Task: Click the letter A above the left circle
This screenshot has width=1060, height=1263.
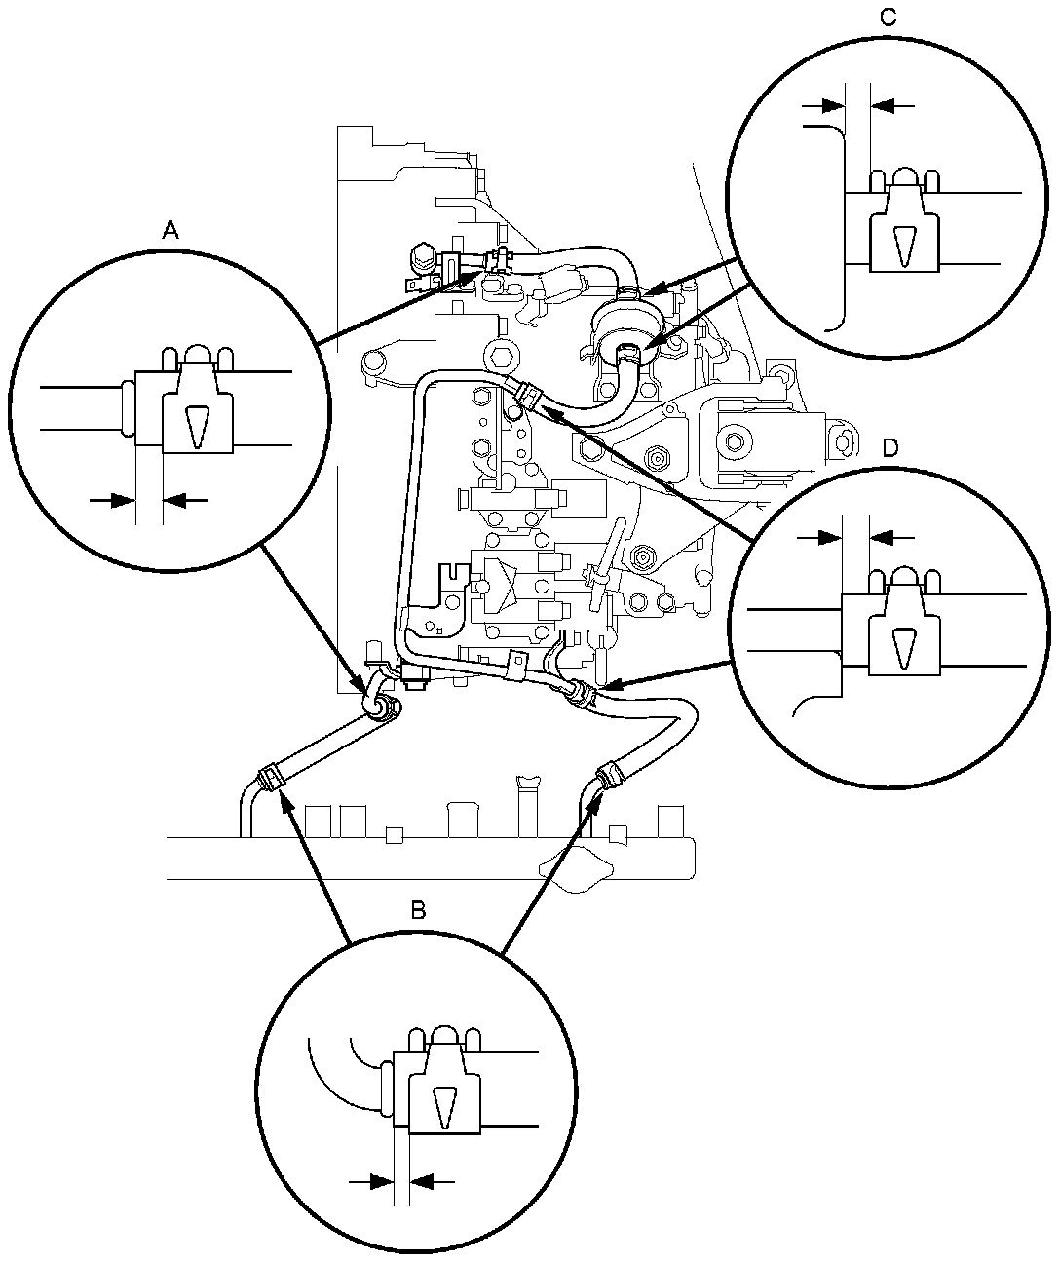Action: (170, 230)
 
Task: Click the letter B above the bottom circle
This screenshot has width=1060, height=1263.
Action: (418, 910)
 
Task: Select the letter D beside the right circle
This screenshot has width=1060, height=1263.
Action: (889, 447)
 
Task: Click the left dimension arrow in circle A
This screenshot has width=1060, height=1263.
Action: (110, 500)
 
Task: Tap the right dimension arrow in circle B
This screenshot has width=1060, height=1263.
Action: (432, 1182)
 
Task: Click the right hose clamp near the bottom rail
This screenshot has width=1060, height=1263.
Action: (611, 775)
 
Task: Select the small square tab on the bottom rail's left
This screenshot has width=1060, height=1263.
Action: (394, 834)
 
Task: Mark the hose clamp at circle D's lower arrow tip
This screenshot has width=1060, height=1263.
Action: (581, 691)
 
